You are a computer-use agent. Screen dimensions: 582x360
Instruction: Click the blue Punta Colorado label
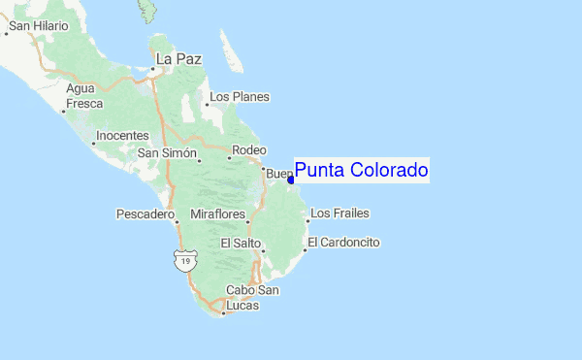[361, 171]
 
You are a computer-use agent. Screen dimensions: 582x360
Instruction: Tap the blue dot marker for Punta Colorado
[291, 180]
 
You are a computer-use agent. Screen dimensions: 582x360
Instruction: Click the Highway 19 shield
[184, 260]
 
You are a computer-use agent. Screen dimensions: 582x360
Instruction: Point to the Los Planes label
[240, 97]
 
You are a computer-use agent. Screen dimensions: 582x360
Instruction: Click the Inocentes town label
[123, 135]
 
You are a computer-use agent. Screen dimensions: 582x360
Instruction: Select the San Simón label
[167, 153]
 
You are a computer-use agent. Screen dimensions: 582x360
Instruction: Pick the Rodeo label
[249, 150]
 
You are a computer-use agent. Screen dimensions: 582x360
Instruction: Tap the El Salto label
[238, 243]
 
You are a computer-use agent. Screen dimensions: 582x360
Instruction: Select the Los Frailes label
[339, 213]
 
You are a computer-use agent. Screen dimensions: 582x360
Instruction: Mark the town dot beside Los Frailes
[307, 220]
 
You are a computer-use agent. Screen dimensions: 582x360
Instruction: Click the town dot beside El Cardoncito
[305, 249]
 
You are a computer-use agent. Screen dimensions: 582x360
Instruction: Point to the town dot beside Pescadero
[178, 220]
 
